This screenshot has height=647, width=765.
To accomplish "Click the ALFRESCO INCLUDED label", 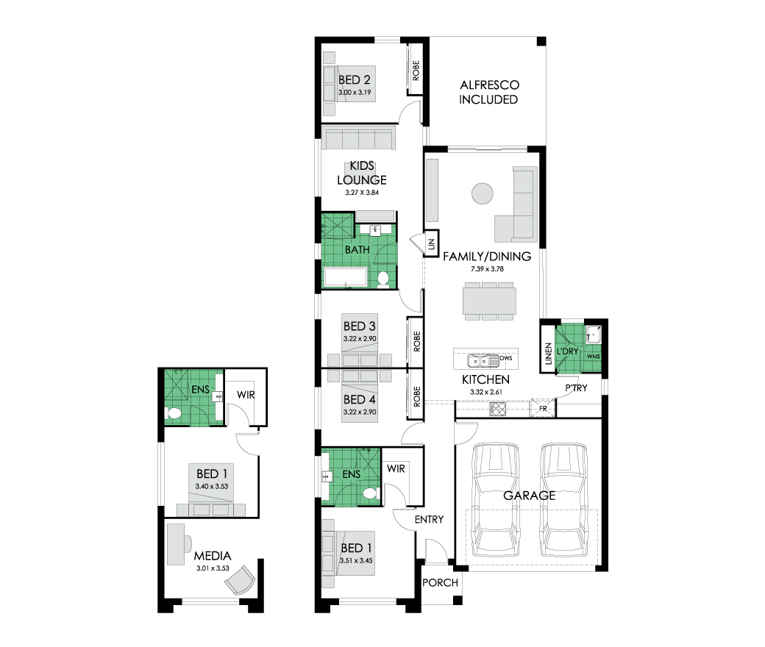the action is (489, 92).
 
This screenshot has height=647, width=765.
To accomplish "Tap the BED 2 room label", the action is (355, 79).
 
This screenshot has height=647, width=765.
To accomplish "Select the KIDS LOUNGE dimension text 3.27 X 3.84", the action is (362, 193).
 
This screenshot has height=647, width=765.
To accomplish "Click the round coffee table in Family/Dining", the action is (482, 193).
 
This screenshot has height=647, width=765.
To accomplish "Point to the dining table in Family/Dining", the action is (489, 301).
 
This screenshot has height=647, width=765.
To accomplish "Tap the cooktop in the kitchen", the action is (498, 409).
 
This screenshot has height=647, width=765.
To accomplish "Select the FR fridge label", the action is (543, 409).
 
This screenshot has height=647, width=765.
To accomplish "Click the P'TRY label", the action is (576, 388).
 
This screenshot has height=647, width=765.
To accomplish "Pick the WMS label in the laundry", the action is (594, 357).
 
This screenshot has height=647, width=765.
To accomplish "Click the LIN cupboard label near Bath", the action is (431, 244).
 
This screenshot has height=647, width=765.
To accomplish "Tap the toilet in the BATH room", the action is (383, 279).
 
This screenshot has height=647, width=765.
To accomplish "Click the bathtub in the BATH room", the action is (346, 276).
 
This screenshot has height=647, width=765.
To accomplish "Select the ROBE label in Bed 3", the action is (416, 341).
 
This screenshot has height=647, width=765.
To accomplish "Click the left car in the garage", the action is (494, 500).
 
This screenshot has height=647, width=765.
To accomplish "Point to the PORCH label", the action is (440, 582).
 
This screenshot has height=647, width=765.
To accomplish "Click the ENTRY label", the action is (430, 520).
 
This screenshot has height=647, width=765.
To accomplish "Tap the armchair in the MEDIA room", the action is (241, 580).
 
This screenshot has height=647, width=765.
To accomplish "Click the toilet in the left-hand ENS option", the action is (173, 413).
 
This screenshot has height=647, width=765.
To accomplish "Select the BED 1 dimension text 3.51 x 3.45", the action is (356, 561).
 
